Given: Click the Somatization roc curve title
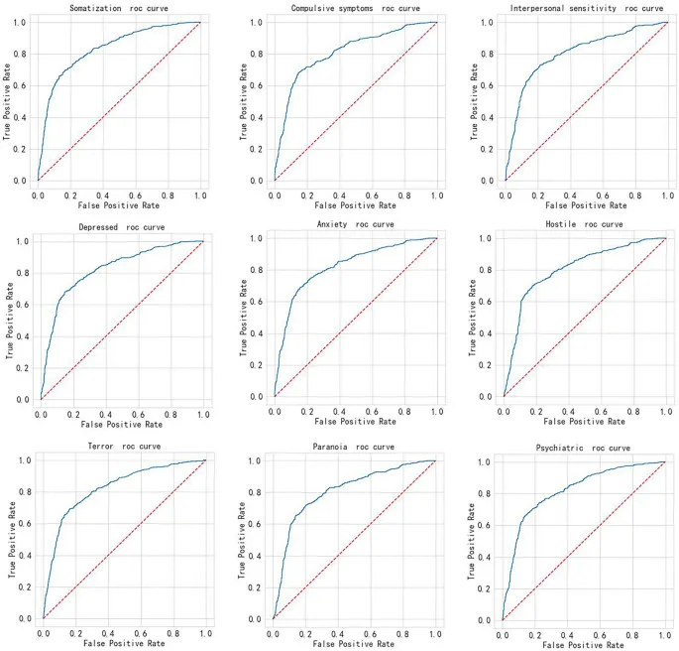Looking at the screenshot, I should click(x=118, y=9).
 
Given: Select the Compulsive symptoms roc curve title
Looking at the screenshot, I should click(x=354, y=9).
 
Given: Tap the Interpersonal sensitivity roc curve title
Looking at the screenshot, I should click(x=588, y=9).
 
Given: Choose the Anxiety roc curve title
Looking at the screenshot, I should click(x=354, y=224).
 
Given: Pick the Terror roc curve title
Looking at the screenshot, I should click(x=123, y=447).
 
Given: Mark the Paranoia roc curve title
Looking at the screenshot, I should click(x=354, y=447).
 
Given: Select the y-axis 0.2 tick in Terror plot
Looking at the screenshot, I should click(x=26, y=586).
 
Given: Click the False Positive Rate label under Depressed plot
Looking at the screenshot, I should click(x=121, y=425).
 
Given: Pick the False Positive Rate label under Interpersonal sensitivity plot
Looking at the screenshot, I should click(x=585, y=205).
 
